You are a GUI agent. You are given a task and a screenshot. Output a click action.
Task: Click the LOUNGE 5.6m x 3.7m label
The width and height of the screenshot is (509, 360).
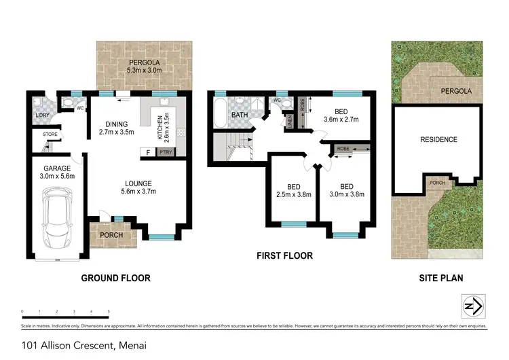[x=138, y=187]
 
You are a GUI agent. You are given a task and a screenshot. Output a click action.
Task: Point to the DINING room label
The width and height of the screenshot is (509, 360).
[x=117, y=128]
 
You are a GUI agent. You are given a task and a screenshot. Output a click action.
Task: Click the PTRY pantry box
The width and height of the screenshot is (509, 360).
[x=166, y=153]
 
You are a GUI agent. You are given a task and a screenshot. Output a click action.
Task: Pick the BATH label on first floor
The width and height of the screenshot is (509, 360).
[x=239, y=115]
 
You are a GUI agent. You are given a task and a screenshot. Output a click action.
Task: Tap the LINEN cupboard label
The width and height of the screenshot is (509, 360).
[x=289, y=123]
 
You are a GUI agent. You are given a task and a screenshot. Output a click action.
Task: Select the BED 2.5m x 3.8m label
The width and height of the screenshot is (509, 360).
[x=294, y=190]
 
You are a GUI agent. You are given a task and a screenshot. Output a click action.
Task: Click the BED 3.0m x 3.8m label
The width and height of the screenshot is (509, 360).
[x=347, y=190]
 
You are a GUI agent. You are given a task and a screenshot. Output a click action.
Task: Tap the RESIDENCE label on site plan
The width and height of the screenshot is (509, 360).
[x=438, y=140]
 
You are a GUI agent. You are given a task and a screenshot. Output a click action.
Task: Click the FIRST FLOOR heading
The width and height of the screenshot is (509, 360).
[x=284, y=256]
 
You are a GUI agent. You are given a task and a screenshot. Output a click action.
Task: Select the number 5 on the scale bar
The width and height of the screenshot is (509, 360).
[x=109, y=312]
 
